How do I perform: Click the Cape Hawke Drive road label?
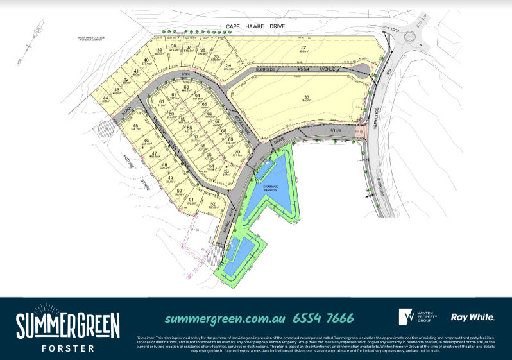click(255, 26)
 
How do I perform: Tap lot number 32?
click(303, 47)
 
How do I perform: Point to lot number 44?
click(105, 98)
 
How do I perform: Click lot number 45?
click(135, 126)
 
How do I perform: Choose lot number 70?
click(236, 152)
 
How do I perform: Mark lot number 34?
click(228, 65)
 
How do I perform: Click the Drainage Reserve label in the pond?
click(269, 188)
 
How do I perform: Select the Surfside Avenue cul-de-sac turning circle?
click(363, 70)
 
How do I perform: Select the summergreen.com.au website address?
click(224, 318)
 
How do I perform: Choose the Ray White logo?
click(472, 317)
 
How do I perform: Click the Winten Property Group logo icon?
click(406, 317)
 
